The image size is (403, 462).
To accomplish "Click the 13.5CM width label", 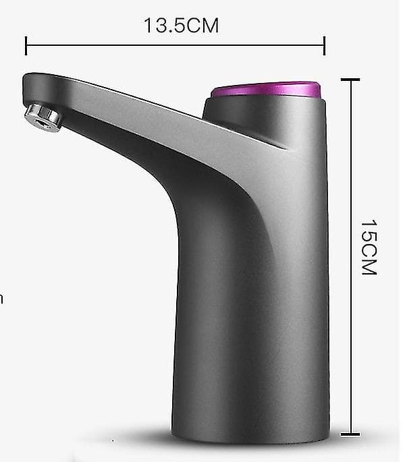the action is point(181,26).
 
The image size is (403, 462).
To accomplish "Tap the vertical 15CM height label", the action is point(369,247).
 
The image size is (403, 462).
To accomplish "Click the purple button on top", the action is point(265,90).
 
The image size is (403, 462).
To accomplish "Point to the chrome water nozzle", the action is point(43,117).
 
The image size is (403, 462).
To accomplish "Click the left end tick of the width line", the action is point(26,46).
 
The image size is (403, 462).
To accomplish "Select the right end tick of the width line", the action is point(324,46).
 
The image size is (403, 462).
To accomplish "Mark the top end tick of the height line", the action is point(350,80).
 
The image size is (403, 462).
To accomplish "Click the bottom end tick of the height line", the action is point(350,434).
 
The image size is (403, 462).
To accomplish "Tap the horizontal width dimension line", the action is point(175,46).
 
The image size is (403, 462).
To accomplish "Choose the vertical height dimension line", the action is point(350,257).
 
